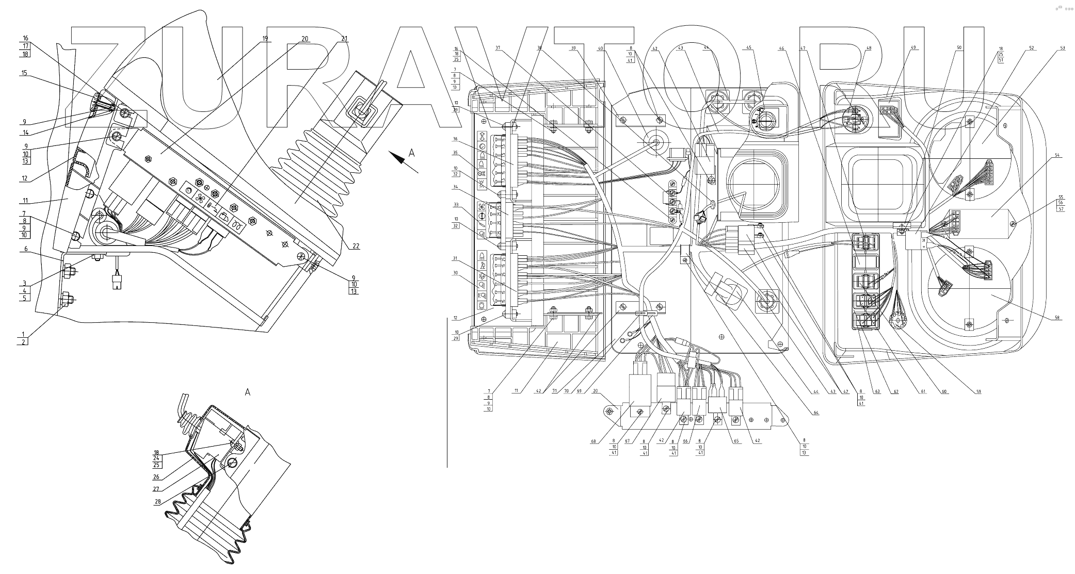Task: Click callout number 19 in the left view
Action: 265,39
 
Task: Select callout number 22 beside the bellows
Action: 356,246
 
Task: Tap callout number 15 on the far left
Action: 24,73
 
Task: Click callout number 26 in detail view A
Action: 156,477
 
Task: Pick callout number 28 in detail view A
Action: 157,501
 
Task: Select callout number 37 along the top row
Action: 498,48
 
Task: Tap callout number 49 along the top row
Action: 913,48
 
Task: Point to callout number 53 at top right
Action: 1063,48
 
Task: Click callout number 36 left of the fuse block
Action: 456,139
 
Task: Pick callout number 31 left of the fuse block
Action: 456,258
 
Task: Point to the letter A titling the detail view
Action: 247,392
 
